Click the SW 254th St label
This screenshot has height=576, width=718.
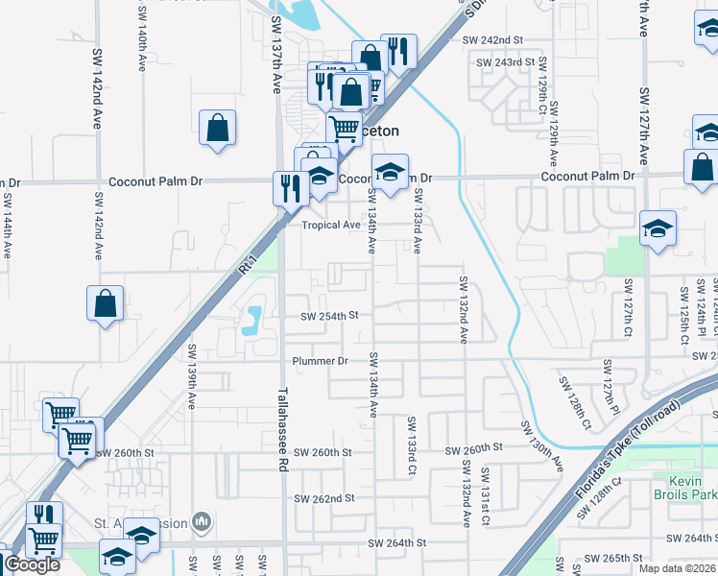click(328, 316)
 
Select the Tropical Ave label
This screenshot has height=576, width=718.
click(331, 225)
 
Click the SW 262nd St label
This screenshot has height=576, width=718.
click(324, 498)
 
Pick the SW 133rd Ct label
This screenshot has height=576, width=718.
click(411, 446)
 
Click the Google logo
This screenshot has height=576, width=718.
click(32, 564)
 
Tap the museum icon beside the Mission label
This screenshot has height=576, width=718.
click(202, 522)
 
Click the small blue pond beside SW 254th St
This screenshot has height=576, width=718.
click(252, 320)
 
